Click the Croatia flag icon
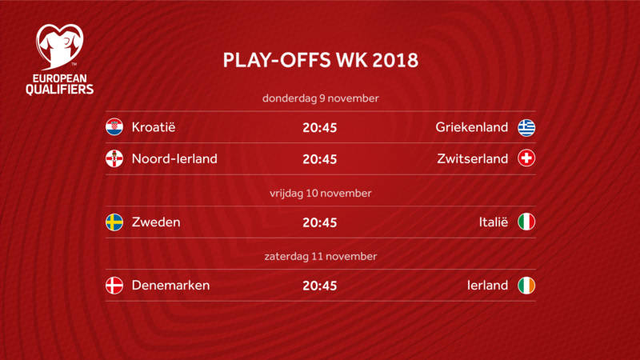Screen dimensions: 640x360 114,127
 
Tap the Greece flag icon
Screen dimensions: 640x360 526,127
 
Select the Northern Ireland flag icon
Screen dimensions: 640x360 114,158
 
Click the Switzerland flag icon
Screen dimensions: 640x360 526,158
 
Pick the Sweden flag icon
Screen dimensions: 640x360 114,222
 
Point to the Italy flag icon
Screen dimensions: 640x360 526,222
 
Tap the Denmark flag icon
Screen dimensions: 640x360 114,286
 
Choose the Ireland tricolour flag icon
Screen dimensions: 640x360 526,286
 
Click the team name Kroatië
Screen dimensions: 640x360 154,127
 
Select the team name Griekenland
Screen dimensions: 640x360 472,127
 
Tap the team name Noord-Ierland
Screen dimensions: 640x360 174,158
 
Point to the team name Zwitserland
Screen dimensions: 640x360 473,158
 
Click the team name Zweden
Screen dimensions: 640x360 156,222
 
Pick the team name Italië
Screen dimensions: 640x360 494,222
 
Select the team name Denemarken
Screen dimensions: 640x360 170,286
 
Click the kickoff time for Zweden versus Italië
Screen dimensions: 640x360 319,222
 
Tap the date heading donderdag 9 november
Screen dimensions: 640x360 321,98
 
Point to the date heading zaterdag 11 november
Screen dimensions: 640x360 321,256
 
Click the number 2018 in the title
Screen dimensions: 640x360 395,60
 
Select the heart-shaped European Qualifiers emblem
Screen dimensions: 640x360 59,46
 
